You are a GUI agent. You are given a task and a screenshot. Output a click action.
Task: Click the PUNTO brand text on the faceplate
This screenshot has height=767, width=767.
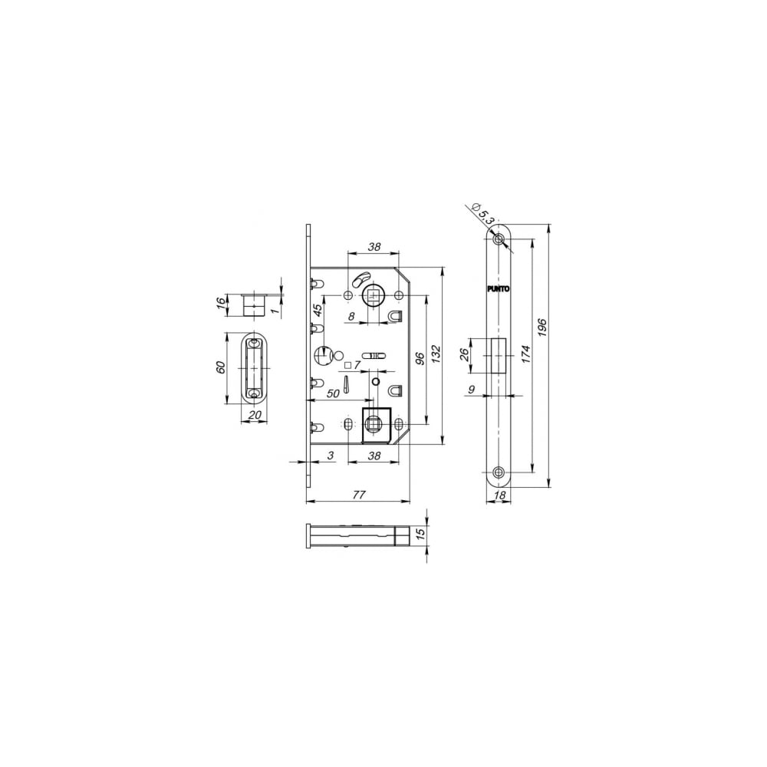499,288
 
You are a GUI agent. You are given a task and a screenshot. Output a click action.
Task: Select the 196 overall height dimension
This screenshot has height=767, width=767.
542,326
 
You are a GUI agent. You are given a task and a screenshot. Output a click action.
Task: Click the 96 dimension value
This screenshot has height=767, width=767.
420,358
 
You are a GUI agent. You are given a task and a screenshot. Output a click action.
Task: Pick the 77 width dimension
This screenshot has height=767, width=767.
359,495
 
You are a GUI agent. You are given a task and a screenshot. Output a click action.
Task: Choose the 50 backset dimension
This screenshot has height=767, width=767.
333,393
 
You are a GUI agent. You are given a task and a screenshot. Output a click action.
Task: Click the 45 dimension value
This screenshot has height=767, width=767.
318,311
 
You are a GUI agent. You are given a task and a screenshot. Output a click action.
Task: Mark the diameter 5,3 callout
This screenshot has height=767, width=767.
482,213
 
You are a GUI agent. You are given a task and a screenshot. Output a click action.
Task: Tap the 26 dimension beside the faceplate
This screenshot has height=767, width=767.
465,354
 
